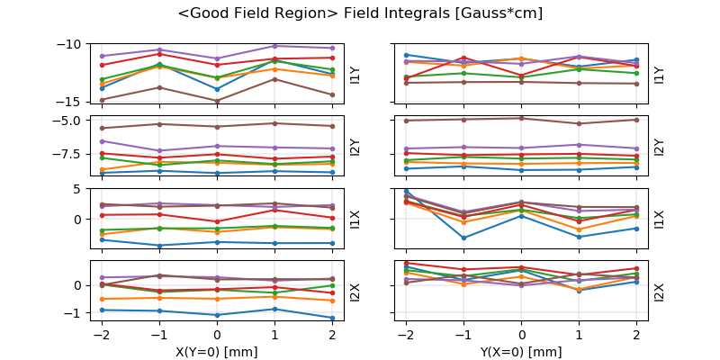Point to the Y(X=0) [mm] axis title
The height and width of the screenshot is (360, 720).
coord(521,352)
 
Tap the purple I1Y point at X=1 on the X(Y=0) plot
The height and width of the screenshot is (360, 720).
coord(274,46)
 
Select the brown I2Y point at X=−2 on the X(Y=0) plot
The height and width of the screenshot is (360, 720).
coord(102,129)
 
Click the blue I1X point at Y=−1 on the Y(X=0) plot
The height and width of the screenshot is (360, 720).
coord(463,238)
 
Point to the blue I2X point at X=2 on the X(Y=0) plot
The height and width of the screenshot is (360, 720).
coord(332,318)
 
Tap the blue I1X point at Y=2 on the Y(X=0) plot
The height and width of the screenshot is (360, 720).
coord(636,228)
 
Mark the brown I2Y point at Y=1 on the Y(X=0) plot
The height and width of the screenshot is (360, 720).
coord(579,123)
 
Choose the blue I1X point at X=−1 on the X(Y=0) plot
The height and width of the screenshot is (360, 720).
coord(159,245)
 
